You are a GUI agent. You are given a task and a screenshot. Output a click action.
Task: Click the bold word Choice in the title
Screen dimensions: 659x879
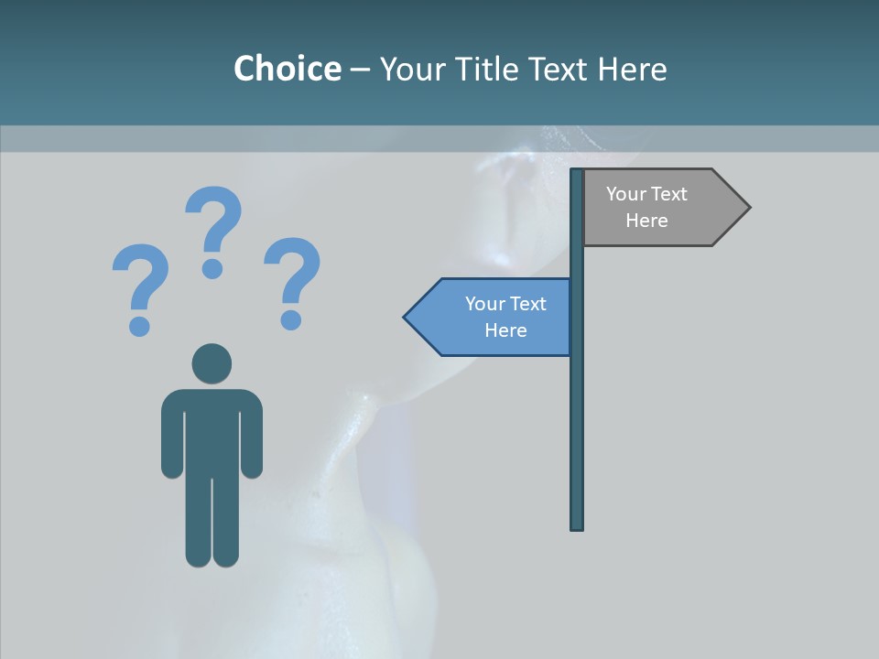point(287,69)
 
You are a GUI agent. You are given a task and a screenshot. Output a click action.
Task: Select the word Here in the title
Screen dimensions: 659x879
point(632,69)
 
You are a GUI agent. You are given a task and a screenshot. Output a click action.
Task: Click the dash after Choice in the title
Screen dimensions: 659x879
point(360,70)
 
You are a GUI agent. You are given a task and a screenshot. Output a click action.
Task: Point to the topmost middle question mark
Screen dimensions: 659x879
point(213,229)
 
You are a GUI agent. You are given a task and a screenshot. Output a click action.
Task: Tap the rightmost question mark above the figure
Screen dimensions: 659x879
point(292,280)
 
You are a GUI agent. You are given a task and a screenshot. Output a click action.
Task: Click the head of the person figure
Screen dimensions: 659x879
point(212,363)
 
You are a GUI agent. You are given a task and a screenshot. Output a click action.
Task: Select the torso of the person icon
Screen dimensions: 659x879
point(212,430)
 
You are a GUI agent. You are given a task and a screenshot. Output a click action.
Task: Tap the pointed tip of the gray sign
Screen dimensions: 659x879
point(745,208)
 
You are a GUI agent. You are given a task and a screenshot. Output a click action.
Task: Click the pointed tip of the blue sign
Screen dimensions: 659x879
point(408,318)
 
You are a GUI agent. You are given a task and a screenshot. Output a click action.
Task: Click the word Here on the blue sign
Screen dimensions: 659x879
point(505,330)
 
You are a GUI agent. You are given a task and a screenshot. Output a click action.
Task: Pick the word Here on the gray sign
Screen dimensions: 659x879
point(646,221)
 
